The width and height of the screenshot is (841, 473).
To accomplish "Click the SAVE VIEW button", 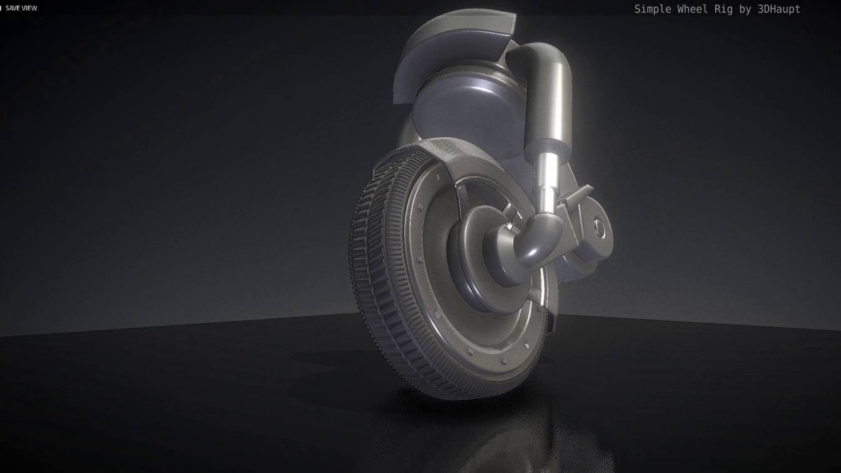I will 21,8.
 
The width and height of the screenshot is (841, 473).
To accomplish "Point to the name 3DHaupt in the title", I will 779,9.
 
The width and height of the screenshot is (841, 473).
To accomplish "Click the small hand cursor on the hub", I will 510,226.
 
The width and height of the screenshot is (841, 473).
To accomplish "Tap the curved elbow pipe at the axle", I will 532,247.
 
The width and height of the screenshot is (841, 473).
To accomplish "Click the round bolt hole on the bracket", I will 600,228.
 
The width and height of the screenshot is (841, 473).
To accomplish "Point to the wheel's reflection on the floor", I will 501,432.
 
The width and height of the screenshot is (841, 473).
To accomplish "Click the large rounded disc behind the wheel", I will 463,106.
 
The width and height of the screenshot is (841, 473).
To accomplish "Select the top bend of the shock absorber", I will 532,56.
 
